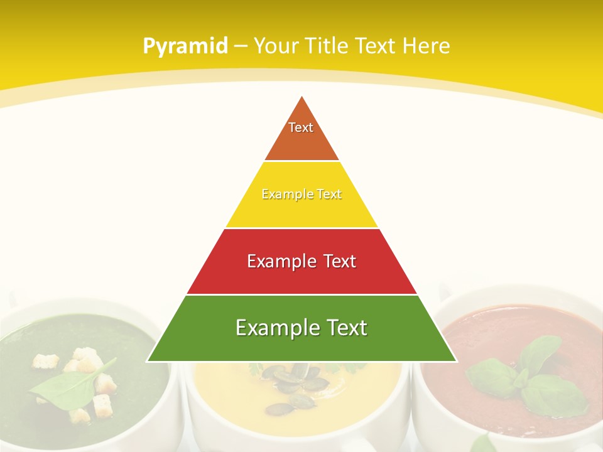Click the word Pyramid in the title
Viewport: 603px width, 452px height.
click(185, 46)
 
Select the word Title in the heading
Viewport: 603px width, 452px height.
click(326, 46)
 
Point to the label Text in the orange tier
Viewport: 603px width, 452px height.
click(301, 127)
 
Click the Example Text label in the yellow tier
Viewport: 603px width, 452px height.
click(301, 194)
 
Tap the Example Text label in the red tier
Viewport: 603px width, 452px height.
click(301, 261)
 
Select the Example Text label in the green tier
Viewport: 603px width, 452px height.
click(301, 328)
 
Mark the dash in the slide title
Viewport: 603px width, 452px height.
click(241, 46)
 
